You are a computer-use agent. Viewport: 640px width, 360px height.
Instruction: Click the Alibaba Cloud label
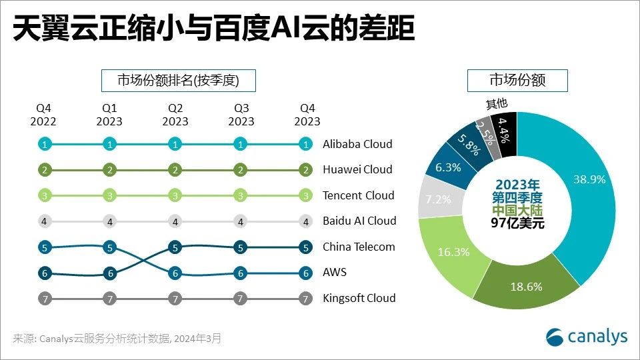(x=357, y=144)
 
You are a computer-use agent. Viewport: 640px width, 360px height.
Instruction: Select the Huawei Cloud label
(x=357, y=169)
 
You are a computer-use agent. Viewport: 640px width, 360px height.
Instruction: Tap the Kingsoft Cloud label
(x=359, y=298)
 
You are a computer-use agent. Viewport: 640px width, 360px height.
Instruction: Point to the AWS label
(x=335, y=272)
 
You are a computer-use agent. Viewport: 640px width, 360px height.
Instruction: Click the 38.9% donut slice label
(x=589, y=179)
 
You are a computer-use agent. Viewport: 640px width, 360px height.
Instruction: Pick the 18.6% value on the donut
(x=525, y=287)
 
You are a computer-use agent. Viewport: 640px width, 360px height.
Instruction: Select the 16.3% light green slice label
(x=453, y=252)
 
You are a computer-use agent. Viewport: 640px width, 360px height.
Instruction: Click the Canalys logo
(x=587, y=337)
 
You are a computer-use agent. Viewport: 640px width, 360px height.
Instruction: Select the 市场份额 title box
(x=517, y=81)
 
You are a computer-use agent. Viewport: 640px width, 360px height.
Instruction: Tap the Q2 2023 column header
(x=175, y=115)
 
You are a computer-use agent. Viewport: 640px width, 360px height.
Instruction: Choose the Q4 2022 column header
(x=43, y=115)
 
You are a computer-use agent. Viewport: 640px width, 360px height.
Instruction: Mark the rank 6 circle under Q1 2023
(x=109, y=273)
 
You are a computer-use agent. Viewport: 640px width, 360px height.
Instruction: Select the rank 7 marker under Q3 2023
(x=241, y=299)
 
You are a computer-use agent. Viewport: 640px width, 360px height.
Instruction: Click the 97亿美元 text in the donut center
(x=517, y=224)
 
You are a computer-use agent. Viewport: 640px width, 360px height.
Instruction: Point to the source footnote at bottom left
(x=117, y=339)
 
